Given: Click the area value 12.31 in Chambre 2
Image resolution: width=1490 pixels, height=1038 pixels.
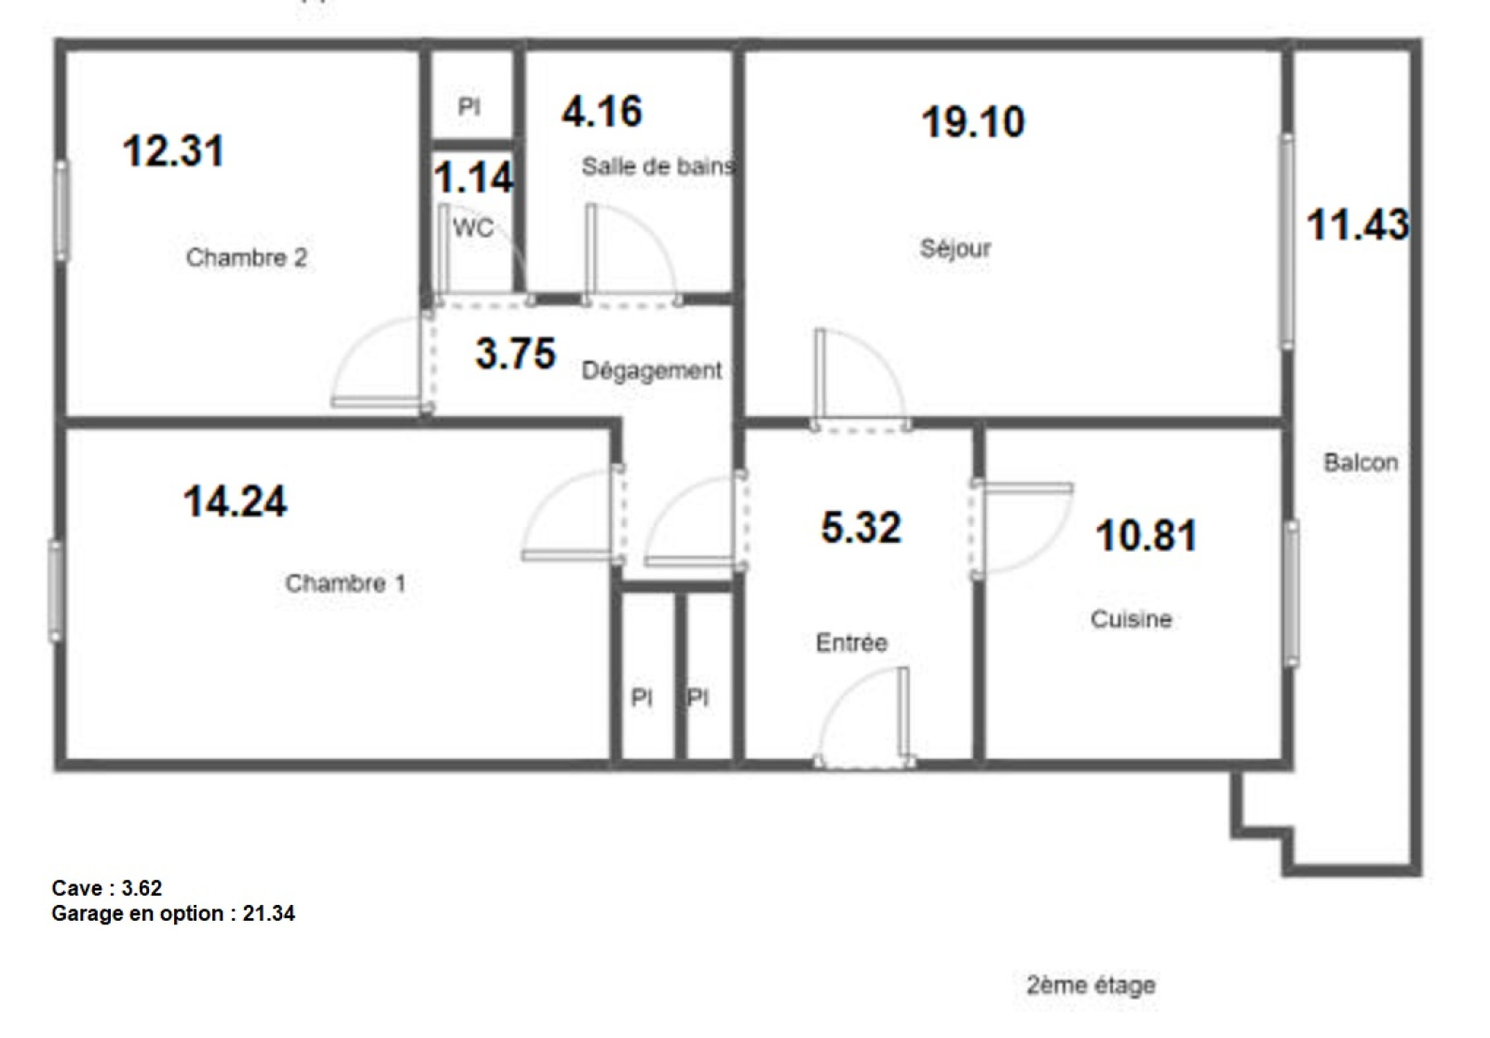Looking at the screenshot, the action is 173,152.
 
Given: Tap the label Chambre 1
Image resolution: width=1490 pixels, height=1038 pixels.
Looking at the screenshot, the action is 345,583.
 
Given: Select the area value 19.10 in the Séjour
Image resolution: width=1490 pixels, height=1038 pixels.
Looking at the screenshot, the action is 973,122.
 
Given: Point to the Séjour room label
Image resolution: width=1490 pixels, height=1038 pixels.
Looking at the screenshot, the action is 955,249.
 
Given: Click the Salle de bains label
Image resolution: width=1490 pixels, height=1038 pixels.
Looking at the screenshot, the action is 658,167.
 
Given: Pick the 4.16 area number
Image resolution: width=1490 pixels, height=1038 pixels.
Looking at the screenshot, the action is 602,111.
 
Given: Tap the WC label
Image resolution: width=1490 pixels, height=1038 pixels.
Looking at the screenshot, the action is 474,228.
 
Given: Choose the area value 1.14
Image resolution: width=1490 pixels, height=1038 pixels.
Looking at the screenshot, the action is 474,178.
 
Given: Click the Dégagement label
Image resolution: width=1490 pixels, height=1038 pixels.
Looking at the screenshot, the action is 652,371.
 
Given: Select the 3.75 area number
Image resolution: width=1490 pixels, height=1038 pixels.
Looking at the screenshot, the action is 516,353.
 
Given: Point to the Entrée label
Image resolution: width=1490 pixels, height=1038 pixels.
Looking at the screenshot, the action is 851,642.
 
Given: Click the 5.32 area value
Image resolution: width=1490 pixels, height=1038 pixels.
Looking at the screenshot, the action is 861,527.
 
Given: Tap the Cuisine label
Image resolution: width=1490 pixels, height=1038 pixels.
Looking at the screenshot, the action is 1131,619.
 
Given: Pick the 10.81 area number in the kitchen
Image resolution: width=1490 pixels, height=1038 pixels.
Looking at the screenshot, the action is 1146,536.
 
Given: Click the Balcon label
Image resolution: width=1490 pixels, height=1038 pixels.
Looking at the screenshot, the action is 1361,462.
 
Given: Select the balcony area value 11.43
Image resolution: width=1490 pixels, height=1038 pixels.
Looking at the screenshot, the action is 1358,224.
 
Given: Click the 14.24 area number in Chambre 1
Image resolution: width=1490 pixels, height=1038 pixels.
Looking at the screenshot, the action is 235,502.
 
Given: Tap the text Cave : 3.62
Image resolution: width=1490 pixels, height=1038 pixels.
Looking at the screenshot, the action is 106,888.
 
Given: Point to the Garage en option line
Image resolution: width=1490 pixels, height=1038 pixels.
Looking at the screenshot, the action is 173,913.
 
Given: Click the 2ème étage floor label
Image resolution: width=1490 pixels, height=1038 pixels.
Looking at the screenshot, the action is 1090,985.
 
